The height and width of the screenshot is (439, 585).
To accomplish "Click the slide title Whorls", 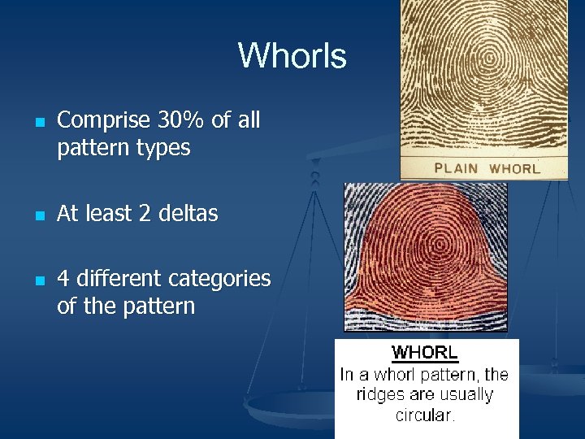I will coord(292,56).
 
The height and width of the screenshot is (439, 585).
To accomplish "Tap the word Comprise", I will coord(104,120).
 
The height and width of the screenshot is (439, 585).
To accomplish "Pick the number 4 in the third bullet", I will coord(63,279).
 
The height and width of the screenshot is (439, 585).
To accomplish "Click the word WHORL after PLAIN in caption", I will coord(514,169).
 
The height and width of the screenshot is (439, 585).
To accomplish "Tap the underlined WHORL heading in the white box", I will coord(425,354).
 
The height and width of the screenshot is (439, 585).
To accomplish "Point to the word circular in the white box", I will coord(425,415).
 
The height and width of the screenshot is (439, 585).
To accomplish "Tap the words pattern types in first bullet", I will coord(123,149).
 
